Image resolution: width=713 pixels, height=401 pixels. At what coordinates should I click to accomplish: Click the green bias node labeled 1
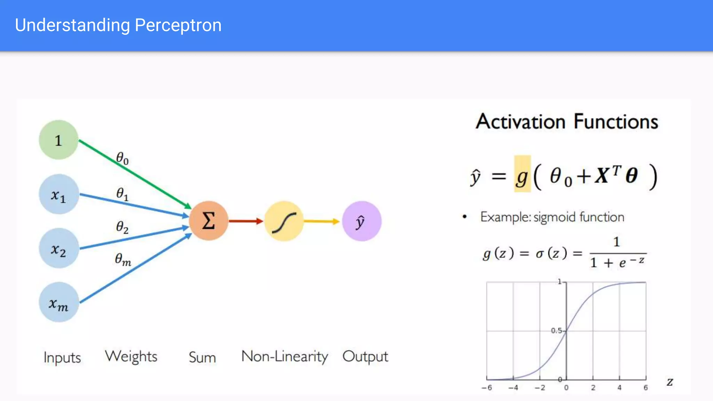click(x=58, y=140)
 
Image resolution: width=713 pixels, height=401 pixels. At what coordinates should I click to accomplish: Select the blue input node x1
click(x=58, y=194)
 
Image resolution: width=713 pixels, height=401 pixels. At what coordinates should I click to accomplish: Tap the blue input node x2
click(x=58, y=248)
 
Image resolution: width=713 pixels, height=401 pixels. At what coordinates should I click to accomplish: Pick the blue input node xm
click(x=58, y=302)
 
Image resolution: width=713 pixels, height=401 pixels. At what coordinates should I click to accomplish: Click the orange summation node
click(x=209, y=221)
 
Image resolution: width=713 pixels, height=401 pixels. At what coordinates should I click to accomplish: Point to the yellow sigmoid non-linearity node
click(x=284, y=221)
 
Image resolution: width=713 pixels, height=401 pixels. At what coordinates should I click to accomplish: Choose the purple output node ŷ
click(x=362, y=221)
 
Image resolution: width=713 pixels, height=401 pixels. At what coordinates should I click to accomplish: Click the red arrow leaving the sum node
click(x=245, y=221)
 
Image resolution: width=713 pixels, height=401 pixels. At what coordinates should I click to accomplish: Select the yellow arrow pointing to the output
click(x=321, y=221)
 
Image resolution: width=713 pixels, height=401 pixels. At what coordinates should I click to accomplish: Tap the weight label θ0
click(x=122, y=158)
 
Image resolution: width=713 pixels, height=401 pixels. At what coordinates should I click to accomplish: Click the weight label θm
click(x=123, y=259)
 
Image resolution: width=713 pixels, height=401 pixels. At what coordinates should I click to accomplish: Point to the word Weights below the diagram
click(x=131, y=357)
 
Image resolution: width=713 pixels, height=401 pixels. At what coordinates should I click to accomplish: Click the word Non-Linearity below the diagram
click(x=284, y=357)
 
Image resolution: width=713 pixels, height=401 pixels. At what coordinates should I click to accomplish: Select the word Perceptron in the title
click(x=178, y=25)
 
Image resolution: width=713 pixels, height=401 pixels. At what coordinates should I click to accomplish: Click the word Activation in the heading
click(x=520, y=122)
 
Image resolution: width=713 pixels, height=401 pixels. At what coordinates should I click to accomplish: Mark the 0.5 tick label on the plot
click(x=556, y=330)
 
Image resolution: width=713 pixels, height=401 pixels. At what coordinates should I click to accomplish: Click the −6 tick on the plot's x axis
click(x=487, y=388)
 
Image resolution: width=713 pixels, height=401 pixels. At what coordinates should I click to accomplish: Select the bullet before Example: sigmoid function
click(x=464, y=217)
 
